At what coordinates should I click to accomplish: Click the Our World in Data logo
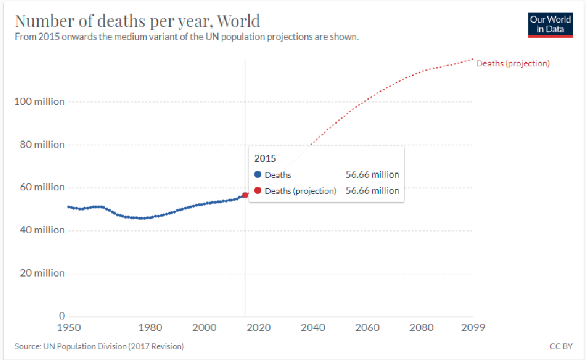pyautogui.click(x=551, y=25)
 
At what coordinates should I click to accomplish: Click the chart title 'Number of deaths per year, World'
pyautogui.click(x=137, y=21)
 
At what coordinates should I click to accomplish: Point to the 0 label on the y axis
pyautogui.click(x=62, y=316)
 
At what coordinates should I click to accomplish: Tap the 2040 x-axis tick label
pyautogui.click(x=313, y=328)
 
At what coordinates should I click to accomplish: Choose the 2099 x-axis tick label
pyautogui.click(x=473, y=328)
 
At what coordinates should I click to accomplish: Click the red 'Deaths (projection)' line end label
pyautogui.click(x=513, y=63)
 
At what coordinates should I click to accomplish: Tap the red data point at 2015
pyautogui.click(x=245, y=195)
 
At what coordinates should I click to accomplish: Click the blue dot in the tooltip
pyautogui.click(x=257, y=175)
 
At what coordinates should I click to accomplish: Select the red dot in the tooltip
pyautogui.click(x=257, y=191)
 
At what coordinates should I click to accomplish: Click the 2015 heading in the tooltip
pyautogui.click(x=265, y=158)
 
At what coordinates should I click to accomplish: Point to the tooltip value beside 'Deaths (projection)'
pyautogui.click(x=372, y=191)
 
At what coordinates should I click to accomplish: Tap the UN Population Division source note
pyautogui.click(x=99, y=346)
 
